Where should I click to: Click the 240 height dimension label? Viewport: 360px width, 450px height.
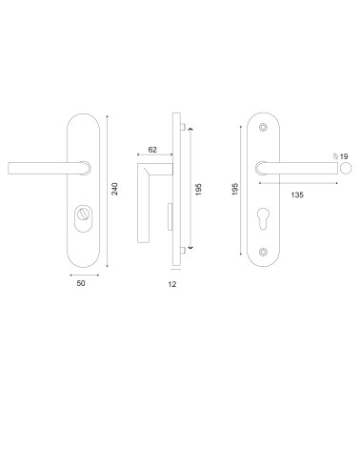coord(114,189)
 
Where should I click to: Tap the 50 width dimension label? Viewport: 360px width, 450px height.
coord(81,283)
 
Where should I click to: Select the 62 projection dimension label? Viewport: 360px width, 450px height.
coord(152,150)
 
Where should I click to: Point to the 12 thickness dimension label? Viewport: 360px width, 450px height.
coord(172,284)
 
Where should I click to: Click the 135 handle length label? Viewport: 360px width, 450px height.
coord(297,194)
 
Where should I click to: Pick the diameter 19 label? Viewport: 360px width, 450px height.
coord(341,156)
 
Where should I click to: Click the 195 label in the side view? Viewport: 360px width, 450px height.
coord(198,189)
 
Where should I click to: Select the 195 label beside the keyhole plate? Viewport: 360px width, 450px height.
coord(235,189)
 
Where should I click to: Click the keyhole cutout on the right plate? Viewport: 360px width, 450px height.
coord(264,218)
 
